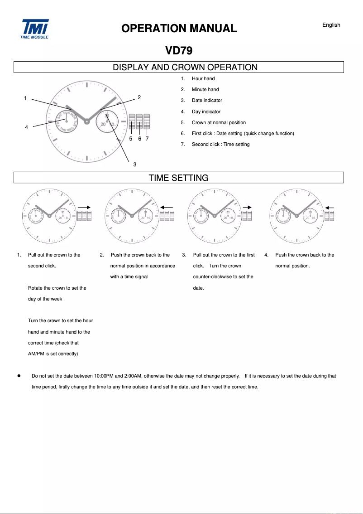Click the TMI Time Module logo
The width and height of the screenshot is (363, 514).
pos(34,29)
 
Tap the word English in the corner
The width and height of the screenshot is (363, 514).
pos(331,25)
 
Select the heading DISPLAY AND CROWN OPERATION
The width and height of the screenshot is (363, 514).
pos(185,68)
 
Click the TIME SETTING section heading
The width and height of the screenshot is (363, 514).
pos(179,178)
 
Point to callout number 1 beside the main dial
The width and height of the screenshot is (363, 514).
pos(25,98)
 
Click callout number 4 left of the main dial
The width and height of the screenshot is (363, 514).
pos(26,127)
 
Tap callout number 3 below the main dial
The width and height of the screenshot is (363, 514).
pos(135,164)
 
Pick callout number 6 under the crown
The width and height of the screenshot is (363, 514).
pos(139,139)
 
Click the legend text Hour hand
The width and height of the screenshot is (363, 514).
pos(203,78)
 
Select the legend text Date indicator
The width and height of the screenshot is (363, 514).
pos(207,101)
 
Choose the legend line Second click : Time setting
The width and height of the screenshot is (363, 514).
pos(220,145)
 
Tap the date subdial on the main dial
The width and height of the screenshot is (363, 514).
pos(107,121)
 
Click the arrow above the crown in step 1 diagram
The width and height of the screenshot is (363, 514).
pos(85,207)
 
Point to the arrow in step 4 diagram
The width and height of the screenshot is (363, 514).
pos(330,208)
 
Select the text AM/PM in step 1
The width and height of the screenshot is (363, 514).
pos(36,354)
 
